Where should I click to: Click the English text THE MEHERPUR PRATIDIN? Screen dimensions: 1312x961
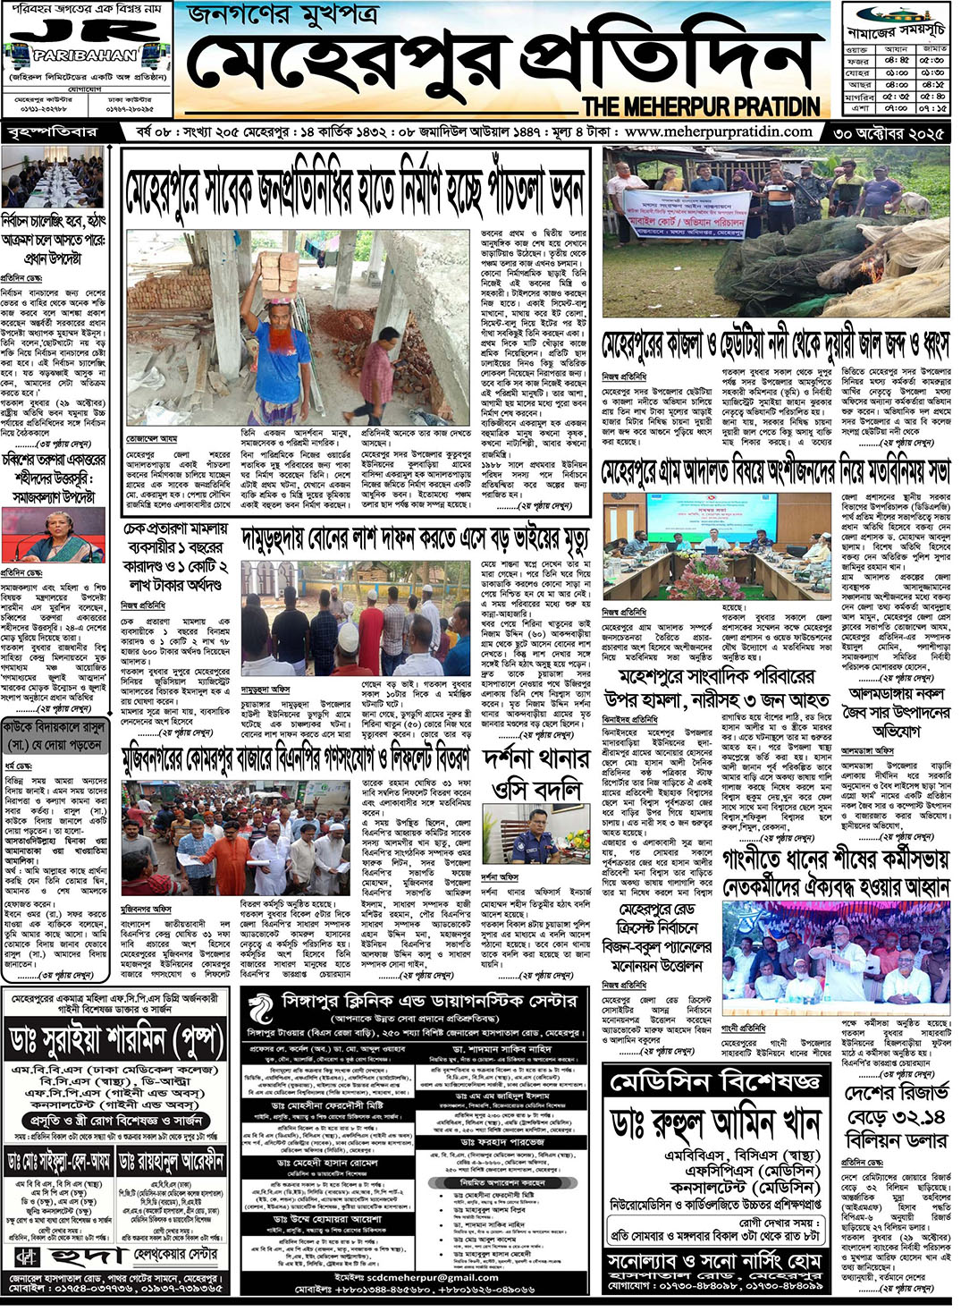pyautogui.click(x=701, y=106)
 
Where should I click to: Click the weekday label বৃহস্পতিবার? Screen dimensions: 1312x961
pyautogui.click(x=52, y=133)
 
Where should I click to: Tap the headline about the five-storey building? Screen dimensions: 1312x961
pyautogui.click(x=355, y=190)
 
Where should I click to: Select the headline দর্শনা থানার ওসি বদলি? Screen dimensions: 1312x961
pyautogui.click(x=536, y=775)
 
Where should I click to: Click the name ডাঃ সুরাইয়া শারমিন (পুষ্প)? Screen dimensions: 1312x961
pyautogui.click(x=115, y=1041)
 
